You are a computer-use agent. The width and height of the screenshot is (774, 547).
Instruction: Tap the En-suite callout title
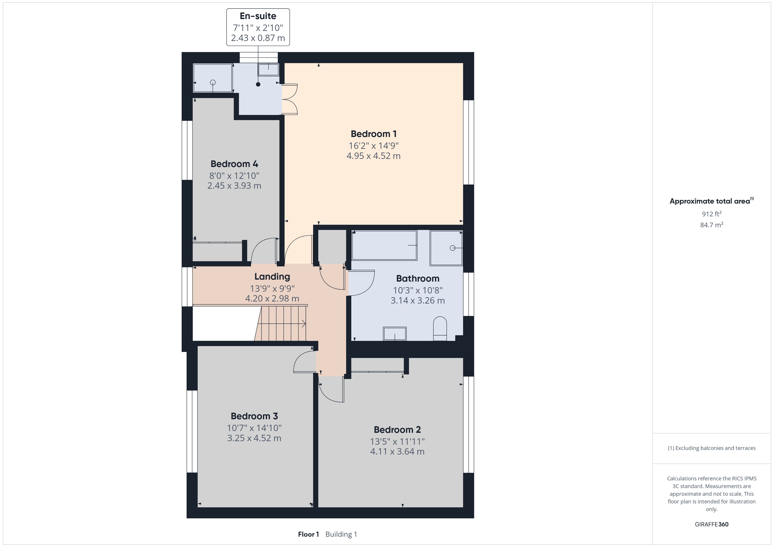tap(258, 16)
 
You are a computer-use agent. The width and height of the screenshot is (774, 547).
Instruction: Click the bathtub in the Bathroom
tap(384, 245)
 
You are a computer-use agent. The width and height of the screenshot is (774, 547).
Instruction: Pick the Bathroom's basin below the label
tap(395, 334)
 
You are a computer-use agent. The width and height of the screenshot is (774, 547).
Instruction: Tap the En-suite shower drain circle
tap(213, 82)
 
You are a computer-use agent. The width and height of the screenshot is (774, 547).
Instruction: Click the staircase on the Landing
tap(280, 323)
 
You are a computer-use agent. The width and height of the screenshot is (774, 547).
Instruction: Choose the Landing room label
tap(272, 277)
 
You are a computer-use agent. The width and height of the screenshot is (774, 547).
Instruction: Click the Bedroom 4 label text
tap(234, 164)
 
